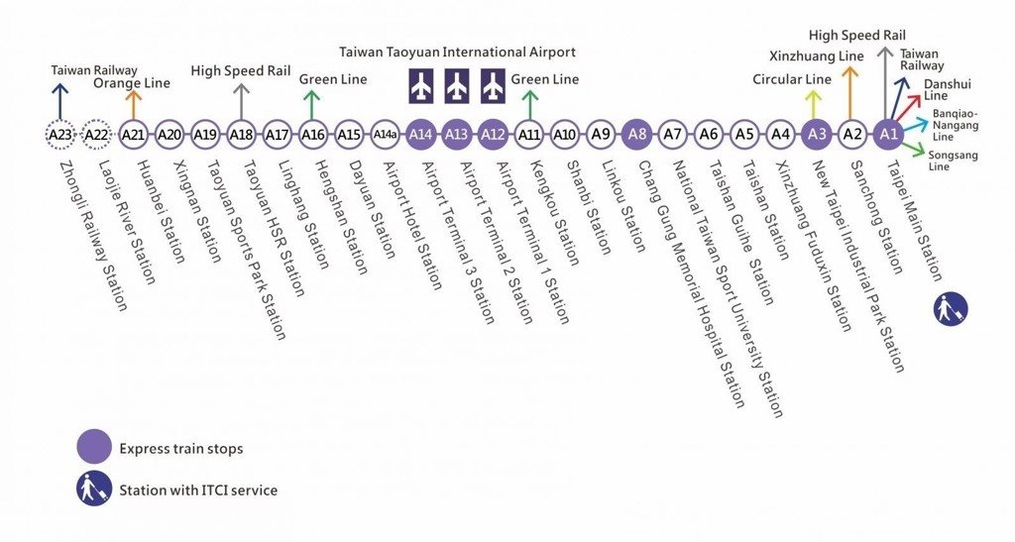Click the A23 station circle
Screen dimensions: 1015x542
[60, 135]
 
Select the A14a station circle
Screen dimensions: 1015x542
[385, 135]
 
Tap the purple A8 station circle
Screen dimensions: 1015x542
[637, 135]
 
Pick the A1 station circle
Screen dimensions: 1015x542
[889, 135]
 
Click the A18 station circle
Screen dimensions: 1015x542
[241, 135]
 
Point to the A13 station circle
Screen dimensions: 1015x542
[457, 135]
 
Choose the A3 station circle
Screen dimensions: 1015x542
[817, 135]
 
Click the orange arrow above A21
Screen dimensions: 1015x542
[133, 105]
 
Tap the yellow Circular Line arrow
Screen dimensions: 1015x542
[814, 105]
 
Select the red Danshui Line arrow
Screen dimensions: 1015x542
[906, 108]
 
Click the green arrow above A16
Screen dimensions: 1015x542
[312, 105]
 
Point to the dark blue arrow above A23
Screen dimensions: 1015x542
[59, 102]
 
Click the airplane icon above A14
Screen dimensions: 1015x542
[421, 86]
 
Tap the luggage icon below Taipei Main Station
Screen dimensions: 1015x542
[951, 308]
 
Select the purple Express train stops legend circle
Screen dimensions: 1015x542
[94, 447]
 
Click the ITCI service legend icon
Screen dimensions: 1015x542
[94, 488]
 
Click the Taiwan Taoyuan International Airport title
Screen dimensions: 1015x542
[457, 52]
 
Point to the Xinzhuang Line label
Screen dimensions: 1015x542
[817, 56]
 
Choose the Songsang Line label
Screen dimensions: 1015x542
[953, 161]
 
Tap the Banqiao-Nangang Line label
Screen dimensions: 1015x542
[956, 125]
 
